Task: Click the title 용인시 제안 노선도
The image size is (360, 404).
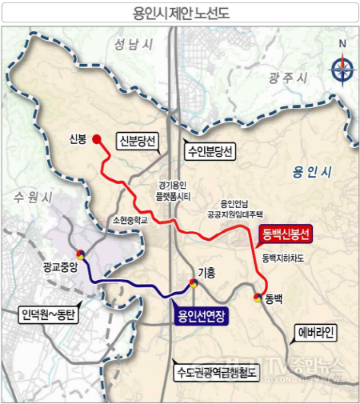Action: [179, 14]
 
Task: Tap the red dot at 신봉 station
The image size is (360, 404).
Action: [98, 139]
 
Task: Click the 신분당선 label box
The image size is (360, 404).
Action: [138, 142]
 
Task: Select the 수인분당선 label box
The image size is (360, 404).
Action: [208, 150]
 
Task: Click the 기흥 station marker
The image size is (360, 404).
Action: [193, 284]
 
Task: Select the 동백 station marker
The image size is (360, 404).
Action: [258, 298]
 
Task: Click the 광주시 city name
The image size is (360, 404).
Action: [289, 77]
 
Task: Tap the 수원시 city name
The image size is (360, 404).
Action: [34, 195]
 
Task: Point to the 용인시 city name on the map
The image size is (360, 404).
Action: [312, 173]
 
